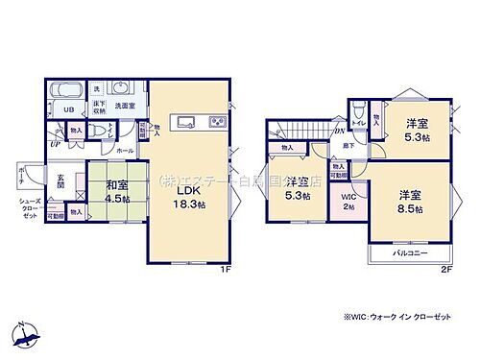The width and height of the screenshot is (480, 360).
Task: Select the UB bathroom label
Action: (x=68, y=109)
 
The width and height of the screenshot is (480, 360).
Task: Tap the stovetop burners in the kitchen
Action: (x=216, y=122)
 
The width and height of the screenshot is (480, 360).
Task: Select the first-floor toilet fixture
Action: (x=99, y=130)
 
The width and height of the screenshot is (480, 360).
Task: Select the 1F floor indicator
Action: (x=225, y=270)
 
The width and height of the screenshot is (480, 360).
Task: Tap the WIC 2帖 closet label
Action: (x=348, y=202)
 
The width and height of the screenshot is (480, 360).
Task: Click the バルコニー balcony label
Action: (x=410, y=253)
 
